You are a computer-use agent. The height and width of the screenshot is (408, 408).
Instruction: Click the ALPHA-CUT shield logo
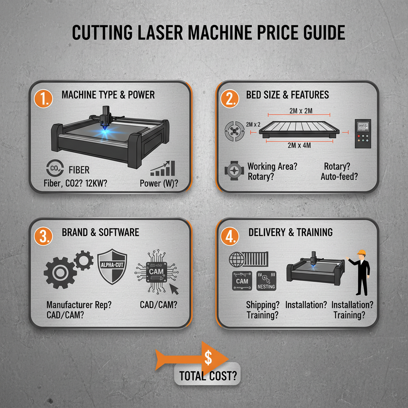coord(112,266)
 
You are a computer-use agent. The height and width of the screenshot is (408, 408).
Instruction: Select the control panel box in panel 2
coord(363,134)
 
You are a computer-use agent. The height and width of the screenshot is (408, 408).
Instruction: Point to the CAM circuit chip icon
coord(156,272)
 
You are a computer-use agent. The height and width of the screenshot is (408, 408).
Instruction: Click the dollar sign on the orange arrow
coord(208,357)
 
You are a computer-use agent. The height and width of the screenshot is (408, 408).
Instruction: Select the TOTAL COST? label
coord(208,375)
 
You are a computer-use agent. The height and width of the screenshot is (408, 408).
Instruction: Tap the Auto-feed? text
coord(339,176)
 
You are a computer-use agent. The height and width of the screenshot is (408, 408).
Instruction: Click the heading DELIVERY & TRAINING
coord(290,232)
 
